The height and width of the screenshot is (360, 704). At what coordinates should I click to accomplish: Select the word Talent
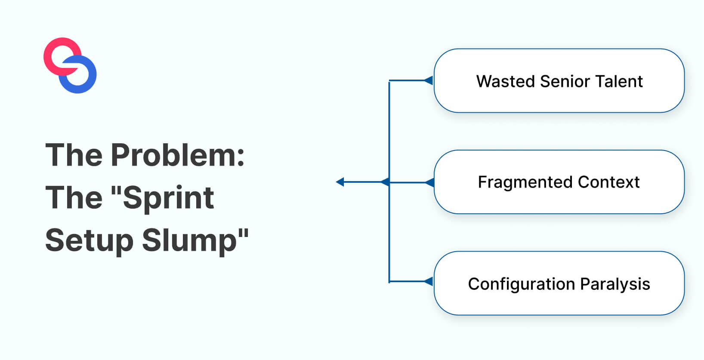pyautogui.click(x=618, y=81)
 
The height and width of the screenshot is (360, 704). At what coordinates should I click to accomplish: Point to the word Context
pyautogui.click(x=608, y=182)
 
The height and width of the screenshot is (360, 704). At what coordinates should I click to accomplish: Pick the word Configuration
pyautogui.click(x=521, y=284)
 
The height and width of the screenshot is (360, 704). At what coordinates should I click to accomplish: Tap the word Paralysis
pyautogui.click(x=615, y=284)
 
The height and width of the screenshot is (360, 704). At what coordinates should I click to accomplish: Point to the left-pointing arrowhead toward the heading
pyautogui.click(x=340, y=182)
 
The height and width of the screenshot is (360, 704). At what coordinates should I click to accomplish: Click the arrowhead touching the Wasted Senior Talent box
pyautogui.click(x=429, y=80)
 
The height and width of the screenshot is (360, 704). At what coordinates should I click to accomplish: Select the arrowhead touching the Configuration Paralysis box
pyautogui.click(x=429, y=282)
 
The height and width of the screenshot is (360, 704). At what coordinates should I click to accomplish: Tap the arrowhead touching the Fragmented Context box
pyautogui.click(x=429, y=183)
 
